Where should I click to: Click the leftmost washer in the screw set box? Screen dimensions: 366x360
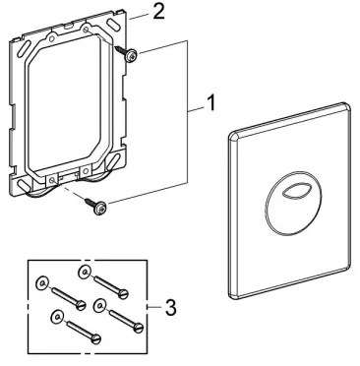(x=39, y=282)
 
